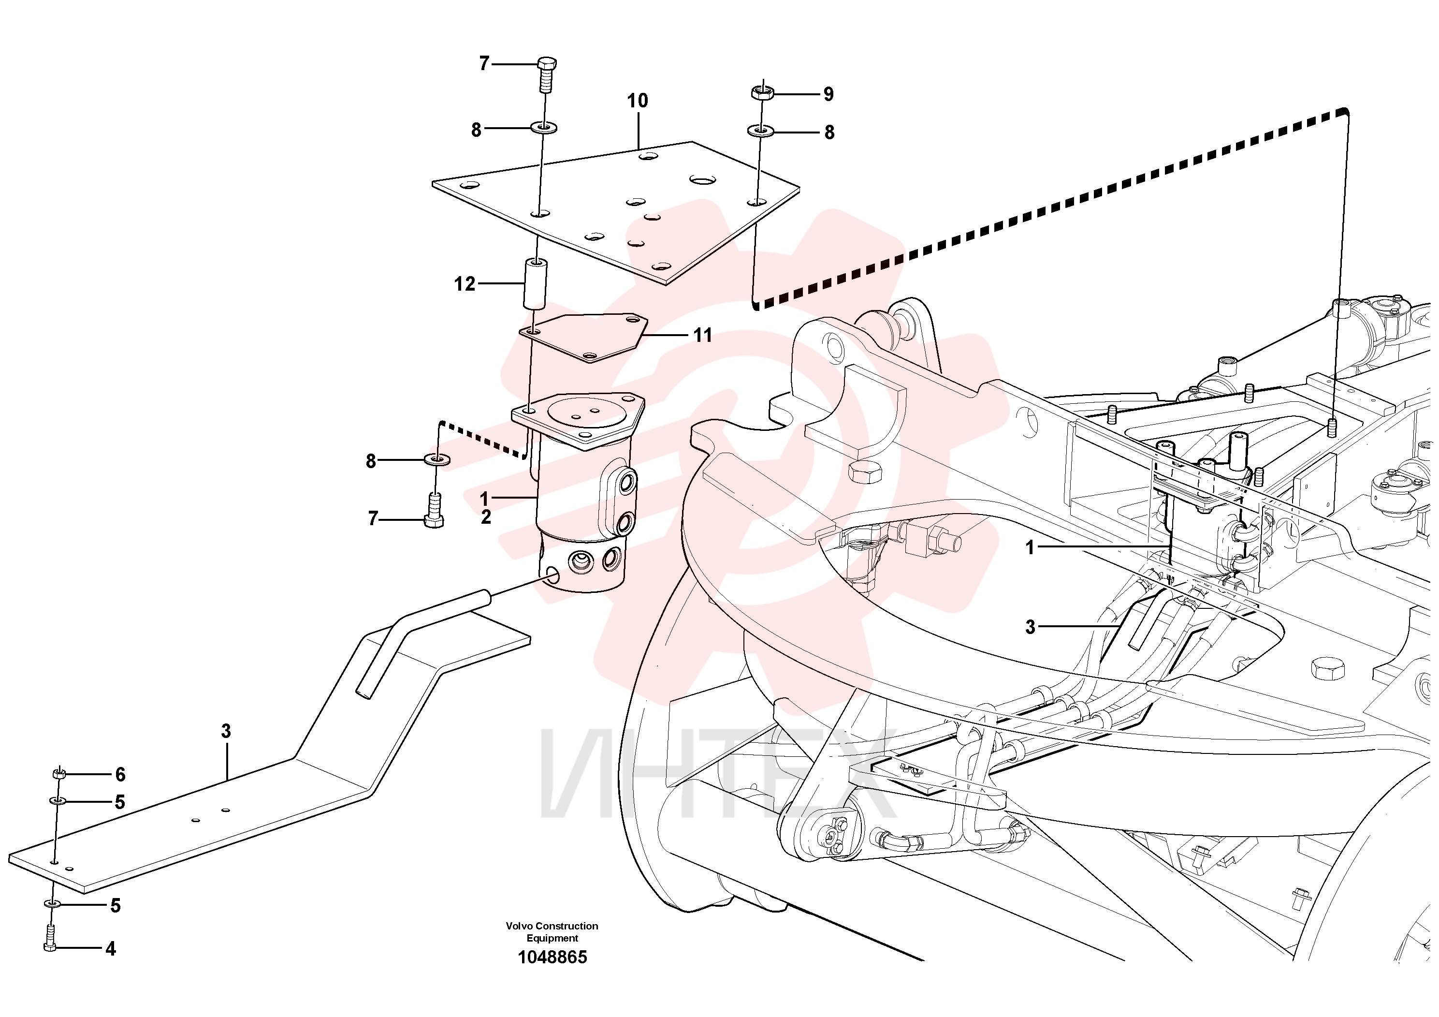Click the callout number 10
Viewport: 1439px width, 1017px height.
click(x=638, y=101)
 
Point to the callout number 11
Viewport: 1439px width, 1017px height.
click(x=702, y=336)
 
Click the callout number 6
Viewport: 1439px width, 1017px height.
click(x=120, y=775)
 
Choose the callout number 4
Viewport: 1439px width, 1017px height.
click(x=111, y=949)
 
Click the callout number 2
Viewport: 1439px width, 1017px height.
click(x=486, y=518)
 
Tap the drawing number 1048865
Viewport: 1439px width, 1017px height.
click(x=552, y=958)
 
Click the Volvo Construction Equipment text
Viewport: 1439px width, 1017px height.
click(x=552, y=932)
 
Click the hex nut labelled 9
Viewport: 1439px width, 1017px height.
click(x=762, y=93)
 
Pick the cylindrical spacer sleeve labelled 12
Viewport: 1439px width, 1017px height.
click(x=535, y=283)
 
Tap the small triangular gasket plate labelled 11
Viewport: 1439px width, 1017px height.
click(x=583, y=338)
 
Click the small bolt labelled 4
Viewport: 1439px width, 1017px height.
click(x=51, y=939)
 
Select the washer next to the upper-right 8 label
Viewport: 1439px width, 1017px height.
click(x=760, y=131)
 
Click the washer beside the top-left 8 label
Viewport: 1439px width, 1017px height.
click(x=545, y=128)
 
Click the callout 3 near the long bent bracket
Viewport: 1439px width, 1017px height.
click(x=226, y=731)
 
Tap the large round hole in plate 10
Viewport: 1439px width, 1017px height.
click(x=703, y=180)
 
